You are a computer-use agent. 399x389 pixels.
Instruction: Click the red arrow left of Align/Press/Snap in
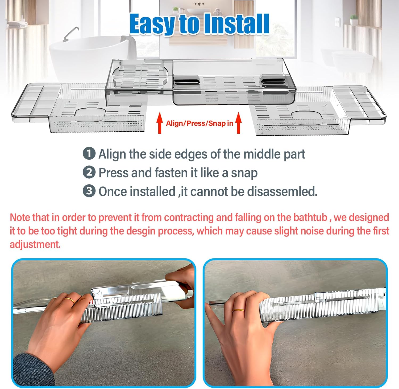pyautogui.click(x=160, y=123)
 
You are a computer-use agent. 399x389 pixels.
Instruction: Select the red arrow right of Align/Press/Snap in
pyautogui.click(x=239, y=123)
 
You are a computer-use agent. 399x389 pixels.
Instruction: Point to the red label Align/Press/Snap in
pyautogui.click(x=199, y=123)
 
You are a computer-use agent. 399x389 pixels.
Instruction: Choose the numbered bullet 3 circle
pyautogui.click(x=89, y=191)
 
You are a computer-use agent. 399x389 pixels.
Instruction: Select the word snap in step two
pyautogui.click(x=244, y=173)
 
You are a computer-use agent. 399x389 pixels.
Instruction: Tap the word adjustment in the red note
pyautogui.click(x=35, y=245)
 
